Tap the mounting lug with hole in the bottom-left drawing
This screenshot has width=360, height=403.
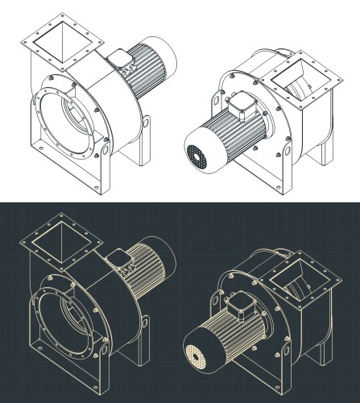147,323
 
